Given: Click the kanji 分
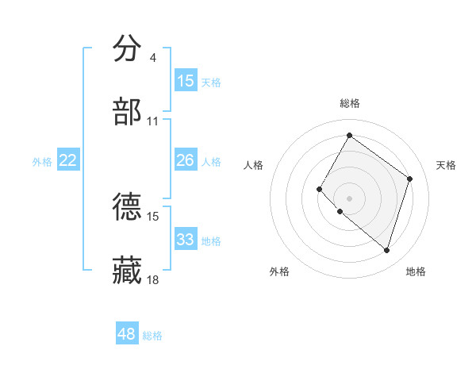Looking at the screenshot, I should click(x=128, y=49).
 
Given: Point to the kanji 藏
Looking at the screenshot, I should click(x=128, y=271).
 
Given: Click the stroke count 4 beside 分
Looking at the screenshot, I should click(x=152, y=58).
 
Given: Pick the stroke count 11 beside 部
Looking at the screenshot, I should click(x=153, y=121).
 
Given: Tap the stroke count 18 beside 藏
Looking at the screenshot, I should click(x=153, y=279).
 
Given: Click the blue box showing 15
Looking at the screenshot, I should click(x=186, y=81).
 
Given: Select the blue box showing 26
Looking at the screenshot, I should click(x=186, y=160).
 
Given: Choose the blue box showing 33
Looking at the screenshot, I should click(x=186, y=240).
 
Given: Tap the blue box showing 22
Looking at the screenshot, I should click(x=68, y=160).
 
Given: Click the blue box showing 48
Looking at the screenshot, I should click(x=127, y=334).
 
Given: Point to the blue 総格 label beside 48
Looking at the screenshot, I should click(x=153, y=336).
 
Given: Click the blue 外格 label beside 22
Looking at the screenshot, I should click(x=42, y=162).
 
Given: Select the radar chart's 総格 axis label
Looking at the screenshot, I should click(x=350, y=103).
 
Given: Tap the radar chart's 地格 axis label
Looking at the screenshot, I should click(x=416, y=271).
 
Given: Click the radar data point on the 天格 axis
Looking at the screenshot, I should click(x=410, y=179).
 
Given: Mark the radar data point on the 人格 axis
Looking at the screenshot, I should click(x=320, y=189).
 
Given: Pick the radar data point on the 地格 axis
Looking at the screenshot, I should click(x=387, y=250).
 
